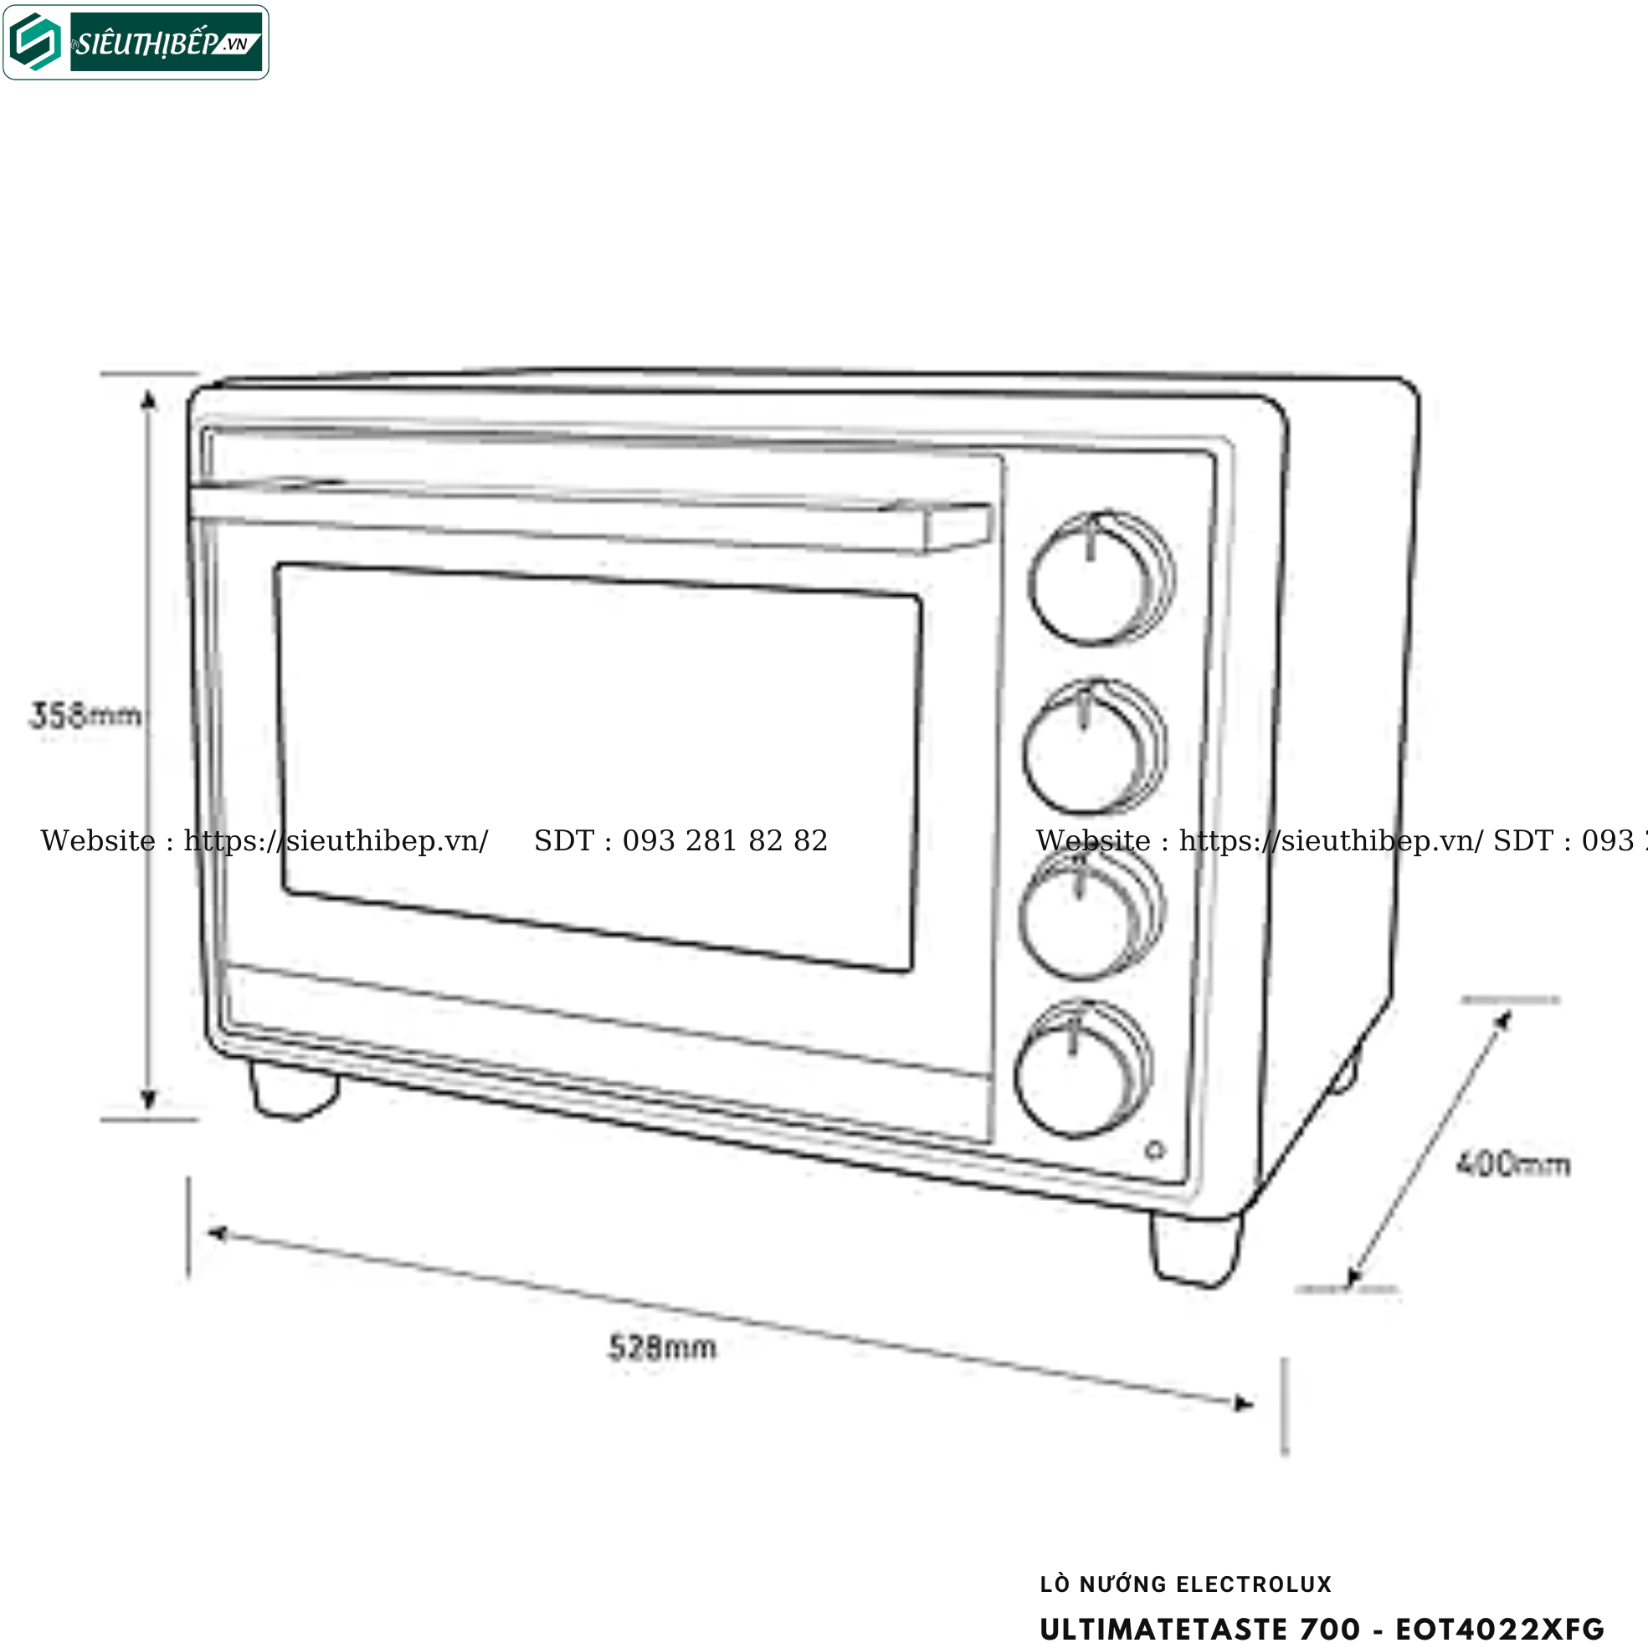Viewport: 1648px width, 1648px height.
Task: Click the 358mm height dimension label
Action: click(x=85, y=715)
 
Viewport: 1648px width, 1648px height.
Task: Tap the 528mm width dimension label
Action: click(x=662, y=1348)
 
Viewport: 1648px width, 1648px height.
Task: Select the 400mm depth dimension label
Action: click(x=1512, y=1164)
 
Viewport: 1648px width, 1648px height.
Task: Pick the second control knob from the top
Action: click(x=1093, y=747)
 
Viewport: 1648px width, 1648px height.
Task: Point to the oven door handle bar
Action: click(x=588, y=518)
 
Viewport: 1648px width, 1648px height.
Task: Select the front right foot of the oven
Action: click(x=1196, y=1249)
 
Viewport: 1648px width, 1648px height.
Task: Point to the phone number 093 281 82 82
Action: click(x=724, y=841)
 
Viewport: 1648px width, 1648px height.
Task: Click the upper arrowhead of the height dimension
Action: click(x=148, y=399)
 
